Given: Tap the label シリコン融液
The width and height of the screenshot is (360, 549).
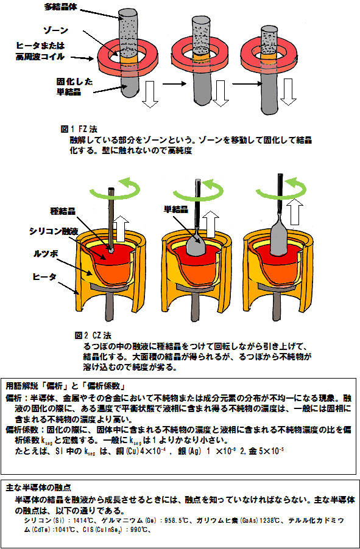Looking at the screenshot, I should point(52,231).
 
